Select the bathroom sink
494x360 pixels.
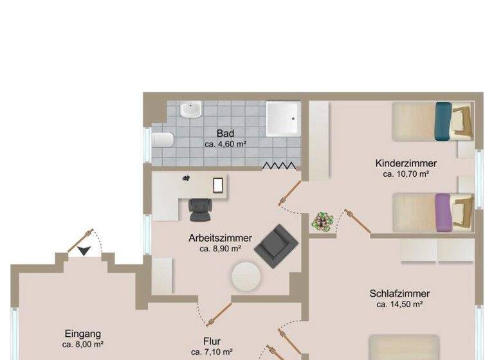pyautogui.click(x=190, y=111)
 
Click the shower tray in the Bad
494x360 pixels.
pyautogui.click(x=283, y=118)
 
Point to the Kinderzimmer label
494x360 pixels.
pyautogui.click(x=406, y=163)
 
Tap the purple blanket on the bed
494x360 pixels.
pyautogui.click(x=442, y=212)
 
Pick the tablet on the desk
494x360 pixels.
pyautogui.click(x=218, y=184)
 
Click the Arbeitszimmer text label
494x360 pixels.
pyautogui.click(x=220, y=238)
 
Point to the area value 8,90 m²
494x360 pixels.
pyautogui.click(x=220, y=248)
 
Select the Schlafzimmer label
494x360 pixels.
pyautogui.click(x=399, y=294)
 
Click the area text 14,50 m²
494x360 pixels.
pyautogui.click(x=399, y=304)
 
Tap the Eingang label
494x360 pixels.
pyautogui.click(x=83, y=334)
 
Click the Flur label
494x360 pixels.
pyautogui.click(x=212, y=341)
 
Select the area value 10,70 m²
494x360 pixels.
pyautogui.click(x=406, y=174)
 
